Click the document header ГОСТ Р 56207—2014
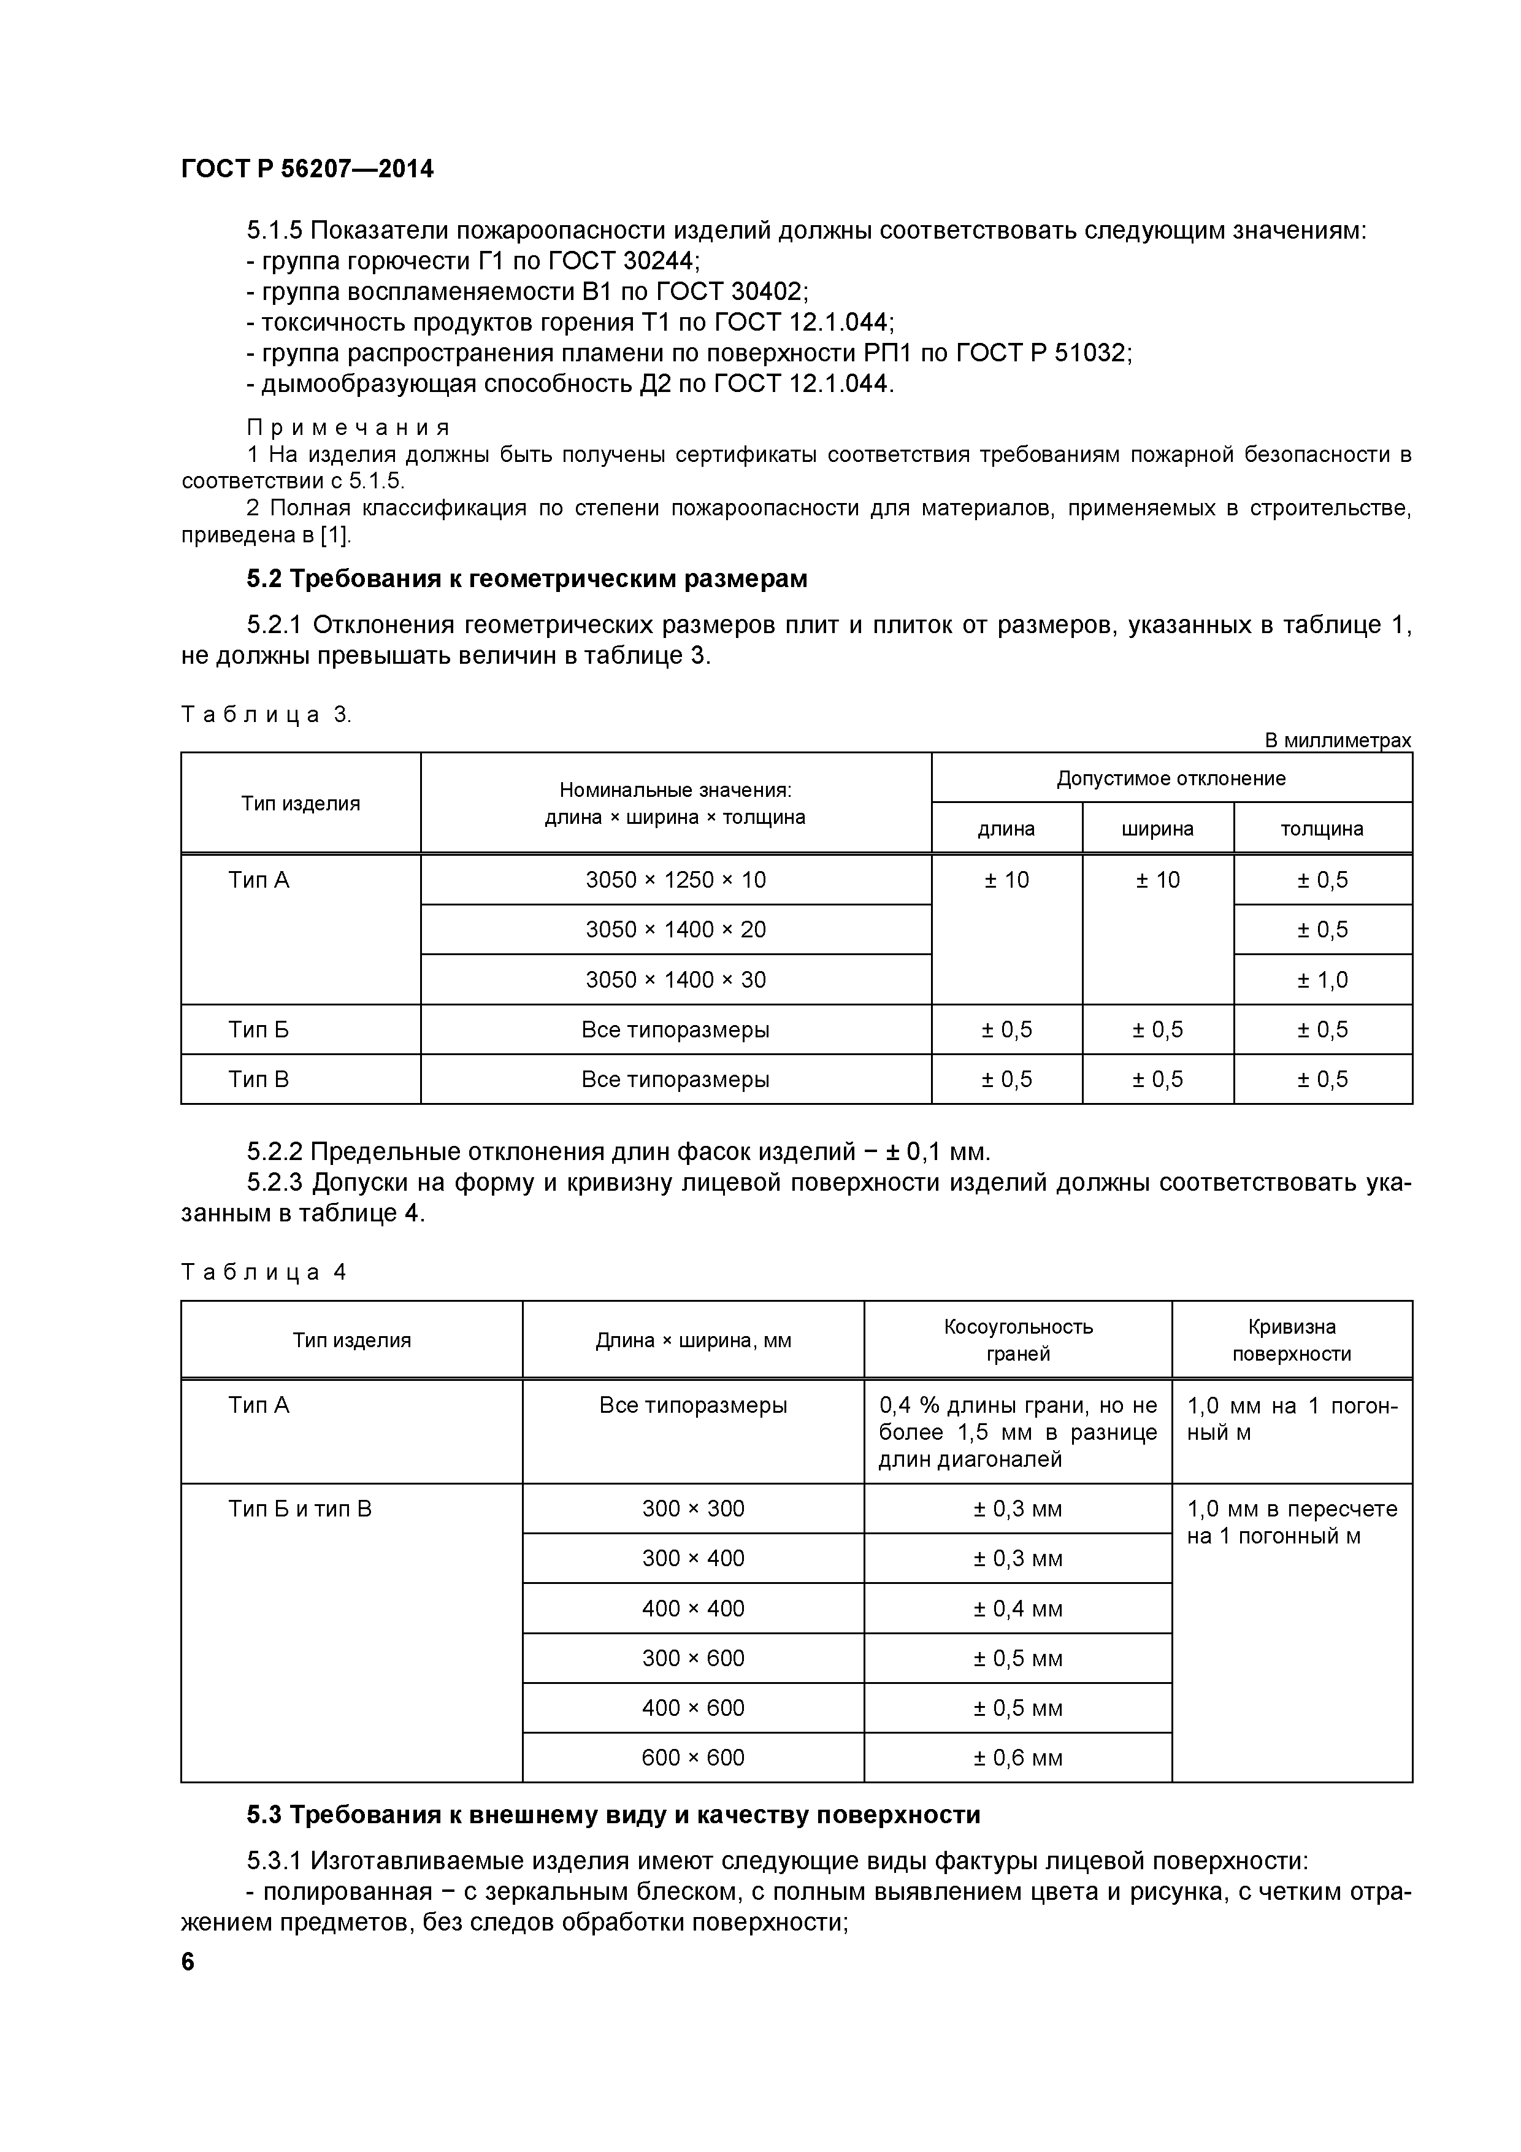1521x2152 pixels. click(x=307, y=170)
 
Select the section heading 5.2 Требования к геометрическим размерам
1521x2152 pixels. click(x=527, y=579)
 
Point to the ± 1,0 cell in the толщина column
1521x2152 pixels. click(x=1322, y=980)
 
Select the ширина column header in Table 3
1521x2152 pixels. click(x=1157, y=829)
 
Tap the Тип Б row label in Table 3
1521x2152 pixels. click(x=259, y=1030)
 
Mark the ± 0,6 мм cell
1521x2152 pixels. click(x=1017, y=1758)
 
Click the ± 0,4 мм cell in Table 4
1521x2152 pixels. click(x=1017, y=1609)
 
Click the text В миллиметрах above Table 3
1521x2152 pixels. click(x=1336, y=740)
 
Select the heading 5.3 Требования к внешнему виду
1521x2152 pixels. click(x=613, y=1815)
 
